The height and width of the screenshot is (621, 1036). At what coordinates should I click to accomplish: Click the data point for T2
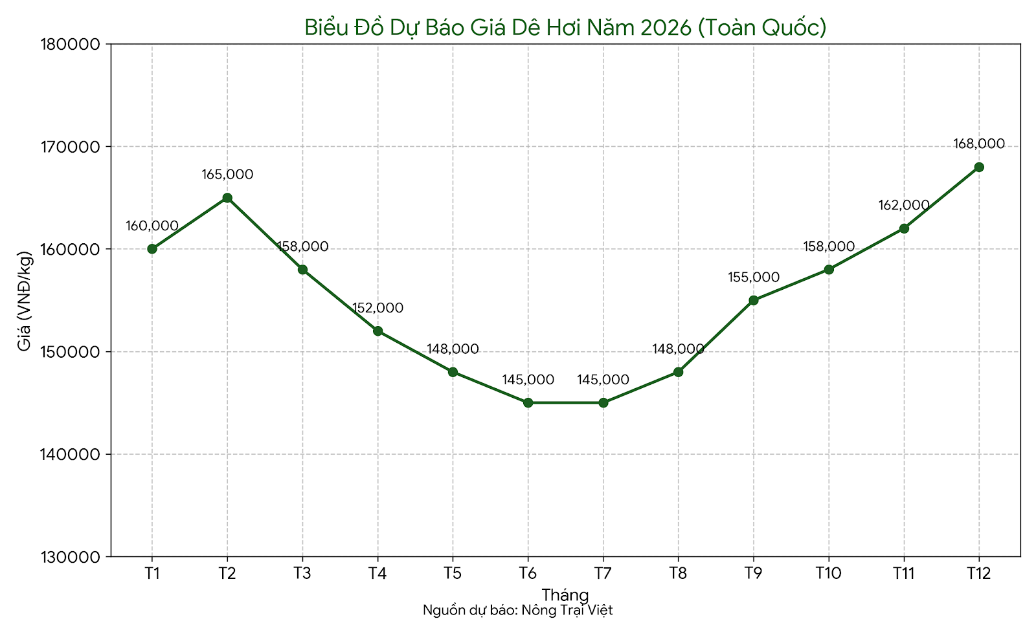(x=227, y=198)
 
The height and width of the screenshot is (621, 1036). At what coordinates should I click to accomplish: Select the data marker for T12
(x=979, y=167)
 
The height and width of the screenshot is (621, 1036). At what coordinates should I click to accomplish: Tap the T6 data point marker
(x=528, y=402)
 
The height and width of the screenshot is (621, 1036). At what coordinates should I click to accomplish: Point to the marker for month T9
(x=753, y=300)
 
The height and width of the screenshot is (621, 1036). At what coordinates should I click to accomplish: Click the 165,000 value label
(x=227, y=175)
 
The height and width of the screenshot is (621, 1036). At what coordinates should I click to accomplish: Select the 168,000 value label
(x=979, y=144)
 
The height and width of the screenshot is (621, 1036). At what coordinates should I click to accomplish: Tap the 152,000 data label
(x=377, y=308)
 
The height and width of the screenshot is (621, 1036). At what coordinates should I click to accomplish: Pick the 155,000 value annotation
(x=753, y=277)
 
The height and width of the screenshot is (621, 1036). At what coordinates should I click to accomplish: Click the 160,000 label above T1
(x=152, y=226)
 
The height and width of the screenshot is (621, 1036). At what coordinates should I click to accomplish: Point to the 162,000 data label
(x=904, y=205)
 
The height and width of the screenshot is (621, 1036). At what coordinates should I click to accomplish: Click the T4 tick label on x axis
(x=377, y=573)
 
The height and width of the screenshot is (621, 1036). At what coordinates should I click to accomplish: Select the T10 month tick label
(x=828, y=573)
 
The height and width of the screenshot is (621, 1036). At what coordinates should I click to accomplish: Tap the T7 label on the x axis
(x=603, y=573)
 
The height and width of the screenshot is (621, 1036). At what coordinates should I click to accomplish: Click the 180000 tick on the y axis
(x=70, y=45)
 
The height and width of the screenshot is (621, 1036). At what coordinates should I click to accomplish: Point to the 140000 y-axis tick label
(x=70, y=454)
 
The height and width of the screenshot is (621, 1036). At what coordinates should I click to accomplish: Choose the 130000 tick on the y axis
(x=70, y=557)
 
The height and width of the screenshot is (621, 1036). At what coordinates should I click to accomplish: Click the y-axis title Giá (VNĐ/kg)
(x=25, y=300)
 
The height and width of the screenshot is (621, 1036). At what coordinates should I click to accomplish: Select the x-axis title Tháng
(x=565, y=594)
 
